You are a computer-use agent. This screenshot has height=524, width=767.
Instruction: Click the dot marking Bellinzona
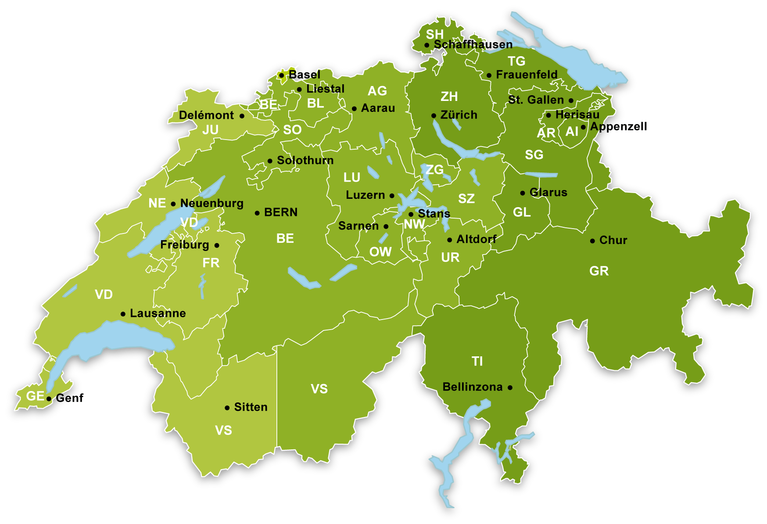(x=510, y=388)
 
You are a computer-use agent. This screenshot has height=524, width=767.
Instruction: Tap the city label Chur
(x=613, y=240)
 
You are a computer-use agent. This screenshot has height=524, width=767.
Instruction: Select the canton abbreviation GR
(x=599, y=271)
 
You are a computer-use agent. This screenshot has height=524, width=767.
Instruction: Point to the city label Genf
(x=69, y=398)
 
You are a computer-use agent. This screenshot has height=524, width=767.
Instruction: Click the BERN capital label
(x=281, y=212)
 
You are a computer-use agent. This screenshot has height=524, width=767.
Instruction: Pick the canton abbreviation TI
(x=477, y=361)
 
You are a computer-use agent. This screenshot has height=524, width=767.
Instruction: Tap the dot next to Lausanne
(x=123, y=314)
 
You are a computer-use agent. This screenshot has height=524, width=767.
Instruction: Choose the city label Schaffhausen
(x=473, y=44)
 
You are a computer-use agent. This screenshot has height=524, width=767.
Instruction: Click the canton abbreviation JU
(x=210, y=130)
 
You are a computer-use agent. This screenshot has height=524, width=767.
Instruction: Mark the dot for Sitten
(x=227, y=408)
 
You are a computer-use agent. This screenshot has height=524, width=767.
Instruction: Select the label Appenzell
(x=618, y=126)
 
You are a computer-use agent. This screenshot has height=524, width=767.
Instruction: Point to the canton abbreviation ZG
(x=434, y=169)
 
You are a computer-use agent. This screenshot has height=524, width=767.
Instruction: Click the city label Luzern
(x=365, y=195)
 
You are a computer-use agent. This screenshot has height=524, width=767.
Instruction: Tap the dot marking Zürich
(x=434, y=115)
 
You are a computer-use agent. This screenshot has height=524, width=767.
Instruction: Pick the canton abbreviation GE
(x=35, y=396)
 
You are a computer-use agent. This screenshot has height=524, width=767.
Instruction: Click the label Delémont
(x=206, y=115)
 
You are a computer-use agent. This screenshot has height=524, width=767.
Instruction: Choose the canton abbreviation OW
(x=380, y=252)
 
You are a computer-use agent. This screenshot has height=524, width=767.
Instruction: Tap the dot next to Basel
(x=282, y=75)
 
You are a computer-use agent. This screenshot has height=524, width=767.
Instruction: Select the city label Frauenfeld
(x=527, y=75)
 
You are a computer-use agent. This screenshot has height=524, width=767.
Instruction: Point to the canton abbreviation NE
(x=157, y=203)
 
